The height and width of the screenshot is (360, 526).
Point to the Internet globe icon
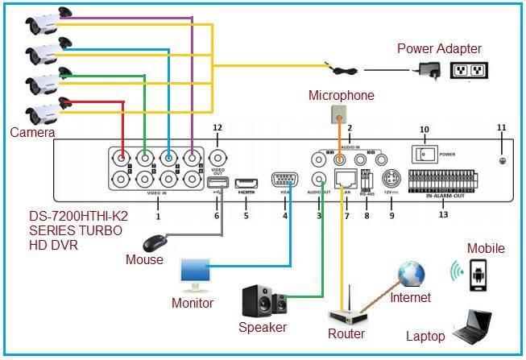(411, 273)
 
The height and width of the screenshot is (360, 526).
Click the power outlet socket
(469, 70)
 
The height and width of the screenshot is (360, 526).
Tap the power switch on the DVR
(420, 151)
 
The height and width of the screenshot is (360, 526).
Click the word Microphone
(342, 96)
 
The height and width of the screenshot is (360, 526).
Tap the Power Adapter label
(439, 49)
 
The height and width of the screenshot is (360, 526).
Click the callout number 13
(443, 215)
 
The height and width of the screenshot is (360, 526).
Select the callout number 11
(501, 127)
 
